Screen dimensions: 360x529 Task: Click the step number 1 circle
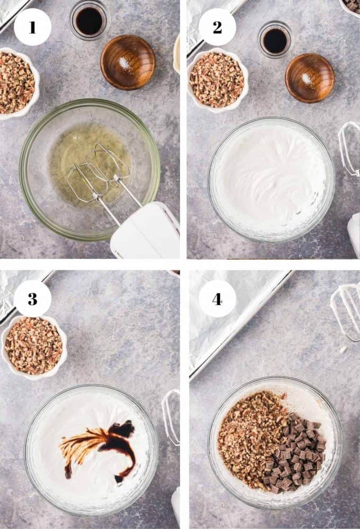(x=32, y=28)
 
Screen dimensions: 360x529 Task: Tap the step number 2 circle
(x=217, y=28)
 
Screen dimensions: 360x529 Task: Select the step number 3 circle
(x=32, y=298)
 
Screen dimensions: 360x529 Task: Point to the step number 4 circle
(x=217, y=298)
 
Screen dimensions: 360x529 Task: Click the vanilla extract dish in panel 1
(x=89, y=20)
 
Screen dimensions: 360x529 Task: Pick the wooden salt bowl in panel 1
(x=128, y=62)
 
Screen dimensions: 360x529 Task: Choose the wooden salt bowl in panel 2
(x=310, y=78)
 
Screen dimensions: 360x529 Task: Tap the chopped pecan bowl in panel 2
(x=218, y=80)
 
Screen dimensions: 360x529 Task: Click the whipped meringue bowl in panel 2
(x=271, y=179)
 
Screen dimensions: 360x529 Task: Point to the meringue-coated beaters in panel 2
(x=349, y=149)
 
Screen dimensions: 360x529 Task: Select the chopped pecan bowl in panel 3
(x=34, y=348)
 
